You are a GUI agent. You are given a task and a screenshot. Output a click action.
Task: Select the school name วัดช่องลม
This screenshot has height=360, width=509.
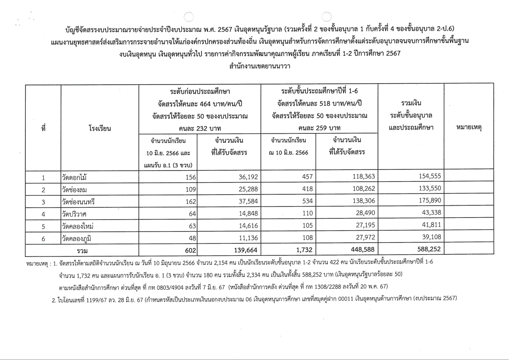click(x=76, y=190)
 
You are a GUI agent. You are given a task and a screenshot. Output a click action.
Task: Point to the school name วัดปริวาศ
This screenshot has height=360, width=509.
click(x=74, y=214)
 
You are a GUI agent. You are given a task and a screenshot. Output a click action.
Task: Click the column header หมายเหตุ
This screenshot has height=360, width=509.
click(x=469, y=128)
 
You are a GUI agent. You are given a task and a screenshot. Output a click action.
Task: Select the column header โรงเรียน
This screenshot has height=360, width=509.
click(x=100, y=128)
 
